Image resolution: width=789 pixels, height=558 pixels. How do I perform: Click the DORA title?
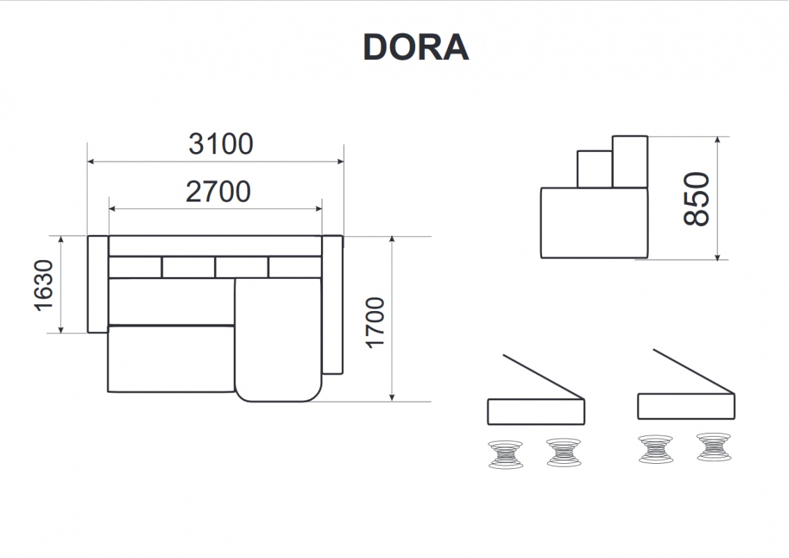click(416, 48)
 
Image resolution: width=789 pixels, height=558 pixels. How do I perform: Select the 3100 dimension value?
click(221, 144)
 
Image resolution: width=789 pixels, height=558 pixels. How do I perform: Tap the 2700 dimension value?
click(218, 192)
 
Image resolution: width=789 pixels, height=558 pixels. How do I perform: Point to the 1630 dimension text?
click(44, 285)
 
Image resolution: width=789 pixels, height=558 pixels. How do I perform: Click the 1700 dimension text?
click(375, 322)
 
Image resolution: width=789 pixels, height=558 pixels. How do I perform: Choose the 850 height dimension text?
click(697, 199)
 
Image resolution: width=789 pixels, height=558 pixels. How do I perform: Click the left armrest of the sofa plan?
click(98, 285)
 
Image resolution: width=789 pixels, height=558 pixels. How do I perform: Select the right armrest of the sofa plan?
click(332, 305)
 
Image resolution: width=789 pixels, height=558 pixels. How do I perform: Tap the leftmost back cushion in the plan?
click(135, 267)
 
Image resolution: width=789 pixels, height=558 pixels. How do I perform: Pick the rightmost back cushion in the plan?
click(295, 267)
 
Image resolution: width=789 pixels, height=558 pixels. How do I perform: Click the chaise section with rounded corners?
click(278, 340)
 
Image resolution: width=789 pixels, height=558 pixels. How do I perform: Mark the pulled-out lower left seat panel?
click(171, 359)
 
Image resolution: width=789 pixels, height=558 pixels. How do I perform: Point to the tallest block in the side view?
click(630, 162)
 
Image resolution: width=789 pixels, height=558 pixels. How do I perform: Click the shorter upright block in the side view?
click(595, 169)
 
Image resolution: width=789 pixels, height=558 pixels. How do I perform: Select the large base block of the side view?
click(594, 223)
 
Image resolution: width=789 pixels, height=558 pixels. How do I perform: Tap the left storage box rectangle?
click(536, 412)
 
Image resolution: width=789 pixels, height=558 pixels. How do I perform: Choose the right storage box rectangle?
click(686, 407)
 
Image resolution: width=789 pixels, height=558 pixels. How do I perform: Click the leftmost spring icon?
click(506, 455)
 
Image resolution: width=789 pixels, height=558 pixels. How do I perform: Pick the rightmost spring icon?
click(714, 447)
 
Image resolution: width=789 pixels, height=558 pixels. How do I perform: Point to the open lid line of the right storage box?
click(694, 371)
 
